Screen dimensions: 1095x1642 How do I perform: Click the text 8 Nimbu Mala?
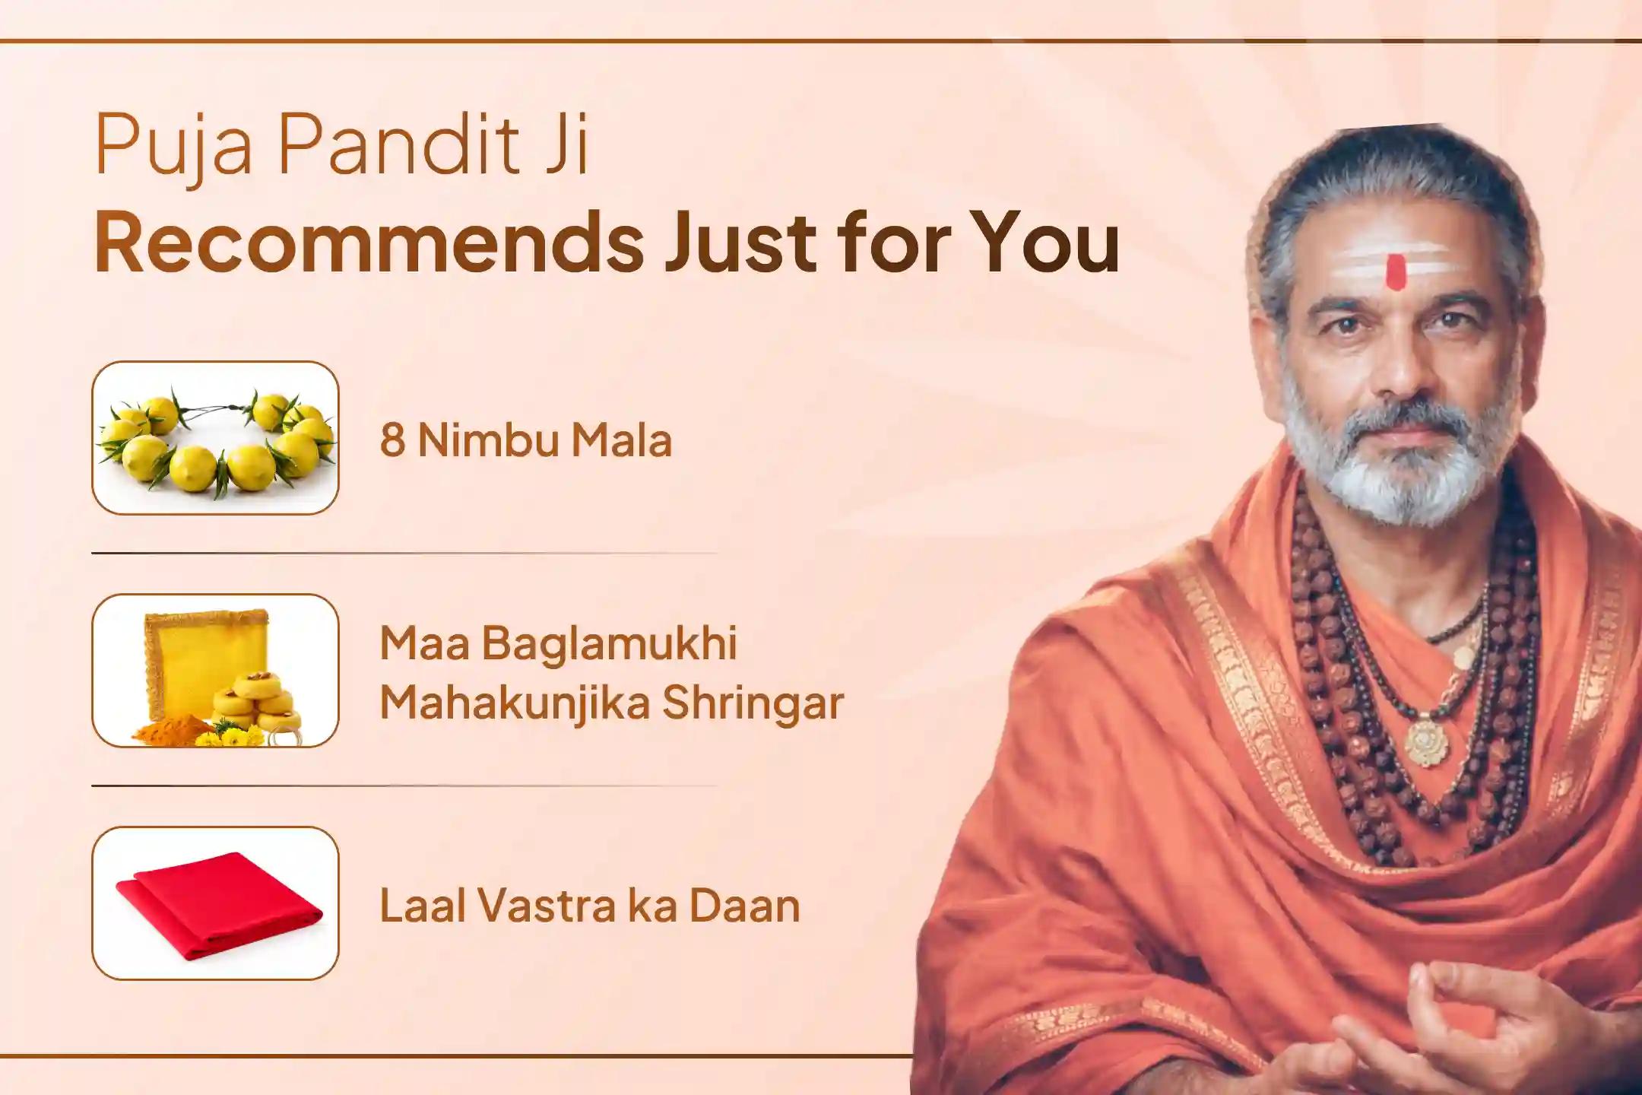(525, 440)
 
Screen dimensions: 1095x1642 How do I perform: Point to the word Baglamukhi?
(608, 644)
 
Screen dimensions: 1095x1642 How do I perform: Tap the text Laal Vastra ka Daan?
(589, 906)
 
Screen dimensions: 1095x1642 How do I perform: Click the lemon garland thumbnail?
(215, 439)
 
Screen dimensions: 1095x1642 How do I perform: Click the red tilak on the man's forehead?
(1394, 271)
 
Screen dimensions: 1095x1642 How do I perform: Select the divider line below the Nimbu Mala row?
(403, 554)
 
